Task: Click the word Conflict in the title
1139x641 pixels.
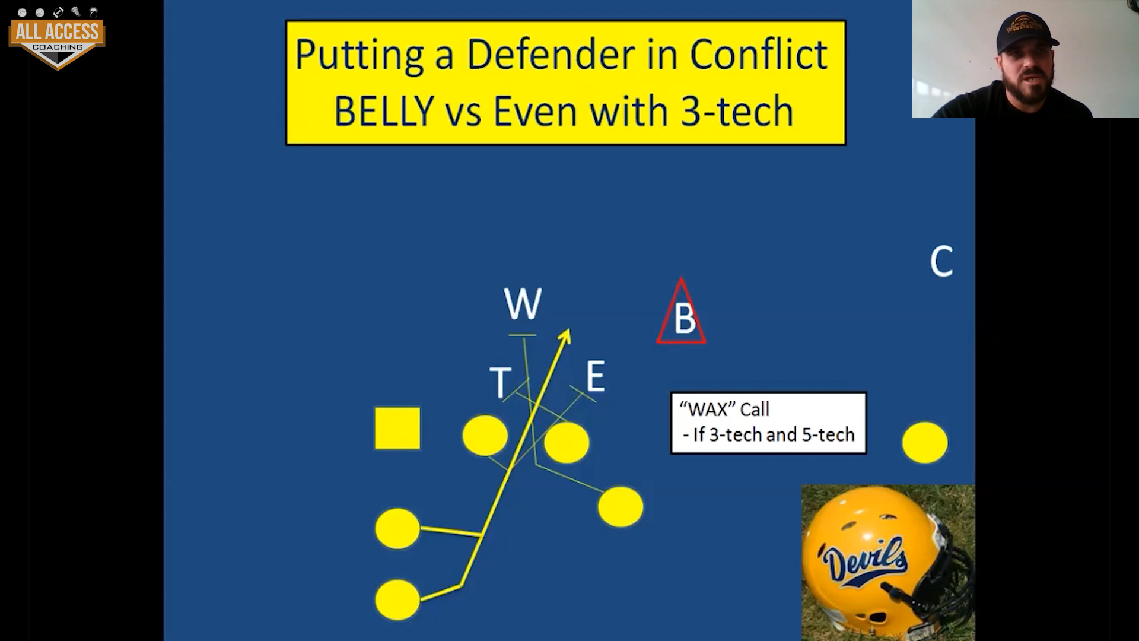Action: pos(759,55)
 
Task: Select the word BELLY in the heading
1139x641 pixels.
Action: pos(384,111)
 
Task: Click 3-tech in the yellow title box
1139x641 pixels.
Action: pos(737,111)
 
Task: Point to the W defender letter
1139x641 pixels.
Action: pos(523,304)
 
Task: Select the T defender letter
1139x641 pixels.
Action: pos(500,382)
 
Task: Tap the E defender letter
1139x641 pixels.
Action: pos(596,376)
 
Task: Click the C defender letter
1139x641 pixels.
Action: pos(941,261)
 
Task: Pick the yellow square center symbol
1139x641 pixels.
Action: pos(397,428)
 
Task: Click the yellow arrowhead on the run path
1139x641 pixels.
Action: pos(564,336)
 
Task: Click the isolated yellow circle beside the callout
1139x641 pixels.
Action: pos(925,442)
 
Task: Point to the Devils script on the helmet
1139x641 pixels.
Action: pos(865,559)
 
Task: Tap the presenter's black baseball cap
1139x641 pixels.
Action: pos(1025,33)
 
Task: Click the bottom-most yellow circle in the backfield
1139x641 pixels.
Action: pos(397,599)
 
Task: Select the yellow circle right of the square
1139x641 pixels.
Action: pos(485,436)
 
